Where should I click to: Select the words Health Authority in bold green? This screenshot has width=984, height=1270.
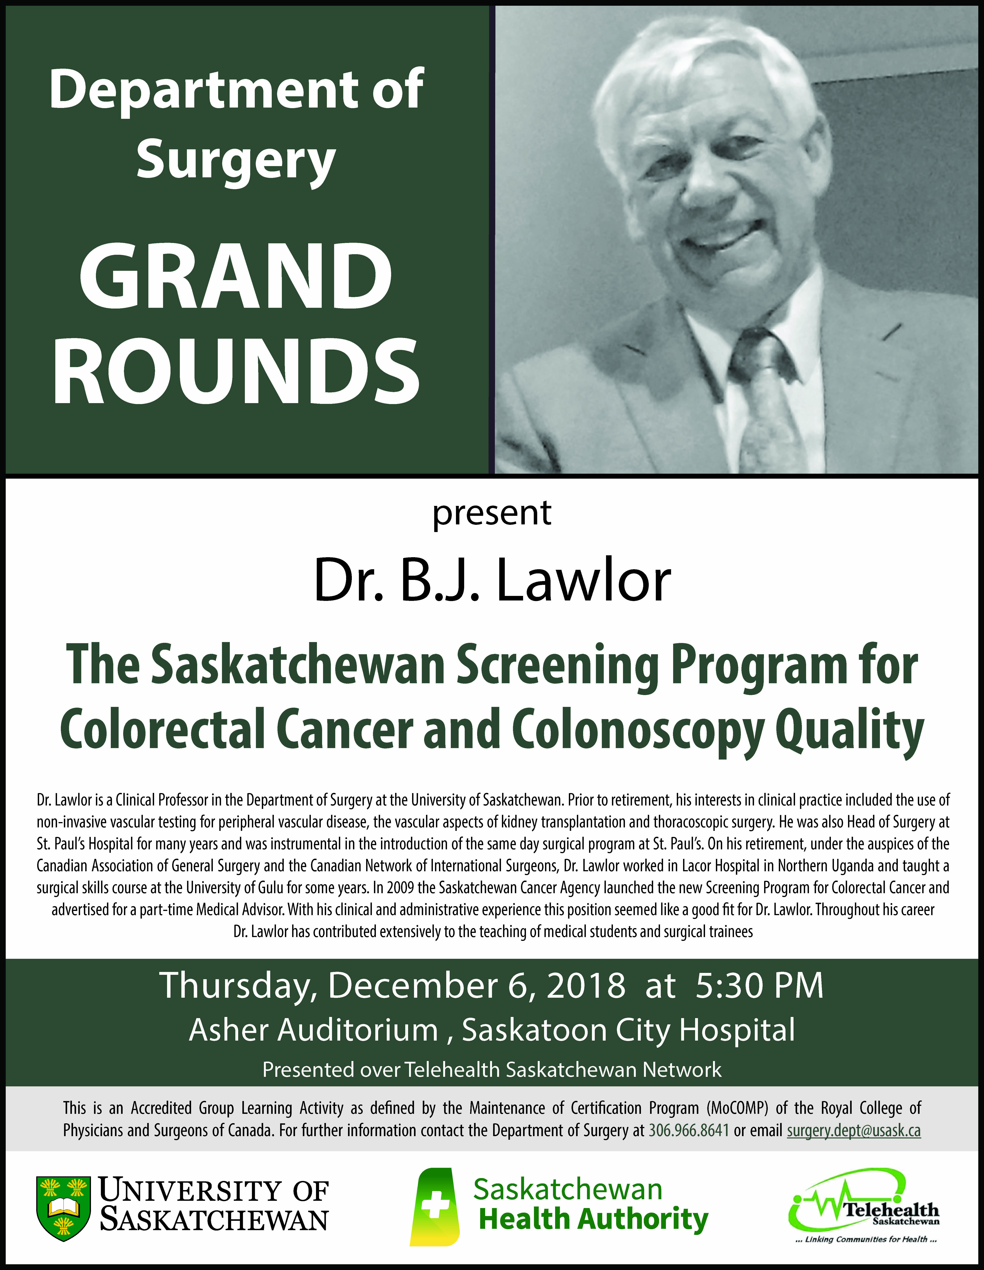593,1219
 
